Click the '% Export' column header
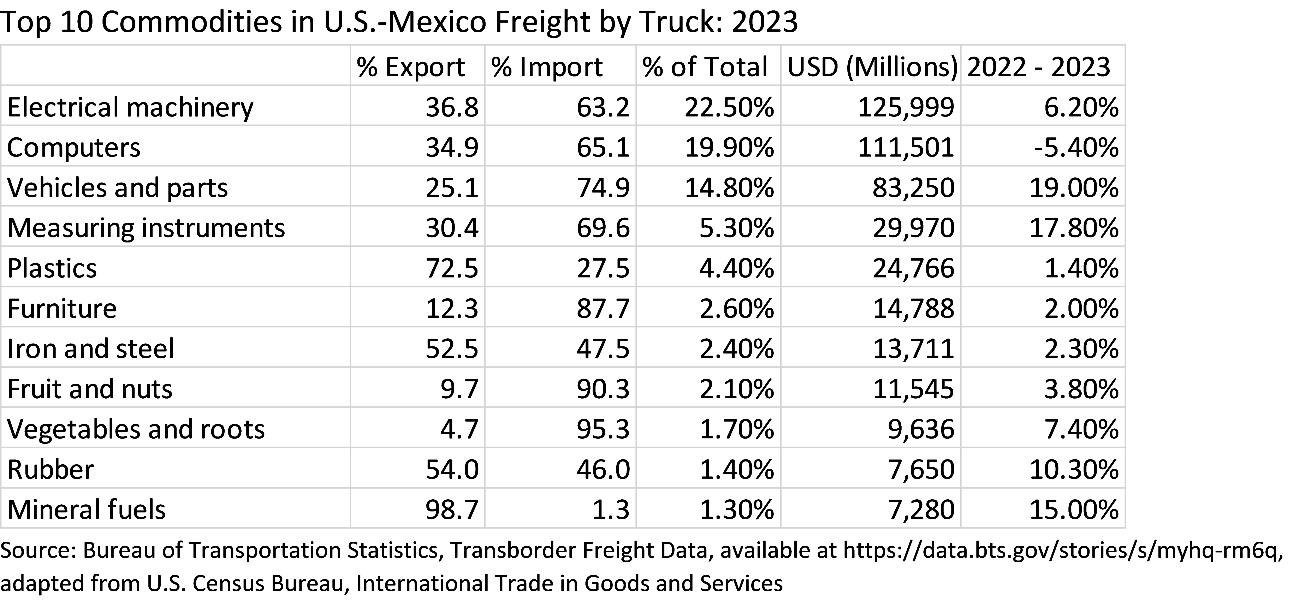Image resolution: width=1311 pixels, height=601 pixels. (411, 67)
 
